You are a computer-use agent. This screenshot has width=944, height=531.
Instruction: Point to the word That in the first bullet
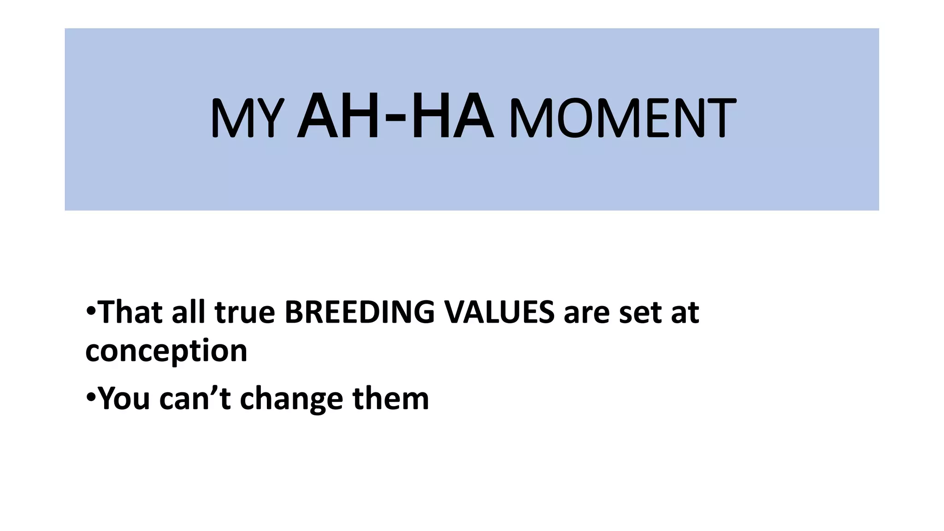pyautogui.click(x=130, y=312)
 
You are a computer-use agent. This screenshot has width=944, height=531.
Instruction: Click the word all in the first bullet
pyautogui.click(x=188, y=312)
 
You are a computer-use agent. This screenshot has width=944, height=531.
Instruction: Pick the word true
pyautogui.click(x=245, y=313)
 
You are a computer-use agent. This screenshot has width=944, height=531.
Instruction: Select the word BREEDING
pyautogui.click(x=359, y=312)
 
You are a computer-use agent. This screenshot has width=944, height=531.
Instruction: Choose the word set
pyautogui.click(x=639, y=313)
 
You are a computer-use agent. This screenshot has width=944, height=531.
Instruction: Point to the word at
pyautogui.click(x=685, y=313)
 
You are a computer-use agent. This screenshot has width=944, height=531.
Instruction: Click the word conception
pyautogui.click(x=166, y=351)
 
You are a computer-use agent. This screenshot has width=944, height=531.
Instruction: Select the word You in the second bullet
pyautogui.click(x=124, y=398)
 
